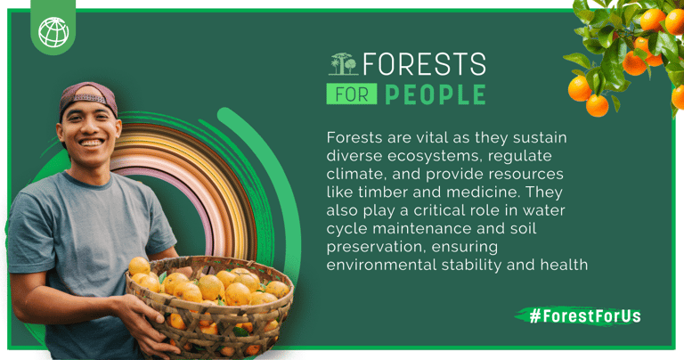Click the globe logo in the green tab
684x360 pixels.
tap(53, 32)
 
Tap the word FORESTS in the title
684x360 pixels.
tap(425, 64)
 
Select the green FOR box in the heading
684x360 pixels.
tap(352, 94)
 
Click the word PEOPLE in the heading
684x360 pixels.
tap(436, 94)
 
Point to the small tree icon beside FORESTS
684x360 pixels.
tap(343, 64)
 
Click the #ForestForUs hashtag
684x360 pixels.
tap(584, 315)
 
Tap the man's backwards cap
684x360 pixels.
tap(88, 97)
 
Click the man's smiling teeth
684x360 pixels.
tap(92, 143)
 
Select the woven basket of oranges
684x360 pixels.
tap(209, 306)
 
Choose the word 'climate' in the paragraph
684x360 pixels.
tap(356, 174)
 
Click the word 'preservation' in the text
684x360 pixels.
tap(375, 247)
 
